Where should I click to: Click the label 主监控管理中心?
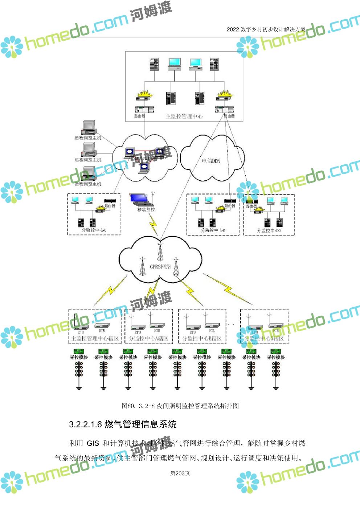pos(184,116)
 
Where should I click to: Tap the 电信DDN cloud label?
pos(211,161)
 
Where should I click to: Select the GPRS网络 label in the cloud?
pos(160,267)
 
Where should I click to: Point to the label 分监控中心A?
pos(94,230)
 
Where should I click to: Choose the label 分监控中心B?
pos(213,230)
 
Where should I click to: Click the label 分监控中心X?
pos(269,230)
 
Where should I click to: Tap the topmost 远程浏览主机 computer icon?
pos(88,127)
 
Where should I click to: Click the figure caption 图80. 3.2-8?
pos(180,406)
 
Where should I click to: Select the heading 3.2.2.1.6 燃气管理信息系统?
pos(123,424)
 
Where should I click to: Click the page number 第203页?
pos(180,473)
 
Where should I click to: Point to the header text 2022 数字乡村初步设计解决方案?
pos(266,29)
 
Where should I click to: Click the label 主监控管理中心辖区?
pos(94,338)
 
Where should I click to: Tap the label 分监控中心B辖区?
pos(202,338)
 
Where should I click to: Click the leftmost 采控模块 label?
pos(79,357)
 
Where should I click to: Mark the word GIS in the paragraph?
pos(93,443)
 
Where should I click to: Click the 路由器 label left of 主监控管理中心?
pos(140,116)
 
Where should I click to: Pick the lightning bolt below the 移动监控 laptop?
pos(154,224)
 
